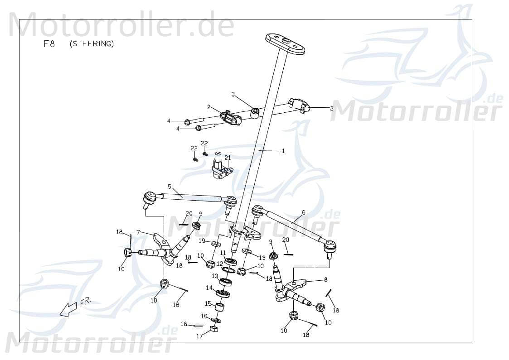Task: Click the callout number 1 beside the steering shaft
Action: point(283,151)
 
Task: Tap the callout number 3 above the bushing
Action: point(233,95)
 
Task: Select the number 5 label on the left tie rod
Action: point(169,187)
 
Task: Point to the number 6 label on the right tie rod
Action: point(303,212)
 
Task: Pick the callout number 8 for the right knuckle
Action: point(325,280)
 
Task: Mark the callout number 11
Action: point(223,253)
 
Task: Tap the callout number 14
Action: point(209,288)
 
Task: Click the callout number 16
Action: point(204,316)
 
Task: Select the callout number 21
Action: point(228,158)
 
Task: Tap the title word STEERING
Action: point(92,44)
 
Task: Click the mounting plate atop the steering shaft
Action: point(285,44)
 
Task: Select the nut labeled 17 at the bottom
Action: point(214,329)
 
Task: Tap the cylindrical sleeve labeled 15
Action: point(220,309)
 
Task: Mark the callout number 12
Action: point(219,264)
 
